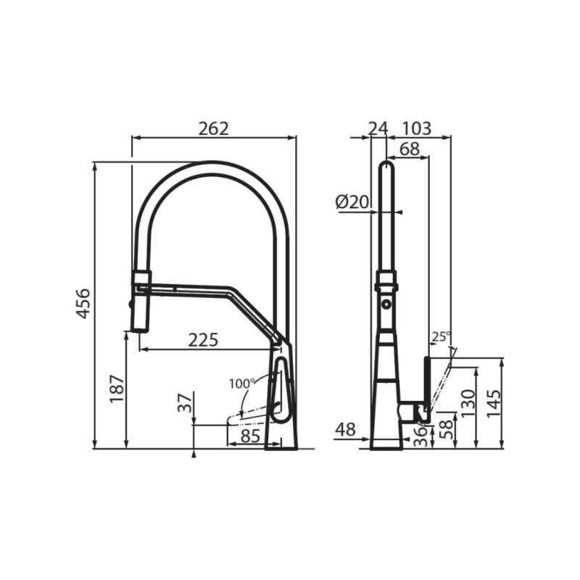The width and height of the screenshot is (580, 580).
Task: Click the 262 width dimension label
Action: pyautogui.click(x=213, y=128)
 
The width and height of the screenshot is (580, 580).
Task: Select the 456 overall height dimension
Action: pyautogui.click(x=83, y=304)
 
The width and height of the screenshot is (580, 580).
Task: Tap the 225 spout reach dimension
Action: pyautogui.click(x=203, y=340)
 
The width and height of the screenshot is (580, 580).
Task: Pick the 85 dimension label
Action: pyautogui.click(x=249, y=436)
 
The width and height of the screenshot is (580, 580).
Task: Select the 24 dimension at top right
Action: pyautogui.click(x=377, y=128)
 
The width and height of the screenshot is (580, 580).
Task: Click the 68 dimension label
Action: pyautogui.click(x=409, y=149)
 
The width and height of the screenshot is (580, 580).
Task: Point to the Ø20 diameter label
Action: pyautogui.click(x=352, y=202)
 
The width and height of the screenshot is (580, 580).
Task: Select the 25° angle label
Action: pyautogui.click(x=440, y=336)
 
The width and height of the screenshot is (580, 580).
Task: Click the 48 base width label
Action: pyautogui.click(x=346, y=428)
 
